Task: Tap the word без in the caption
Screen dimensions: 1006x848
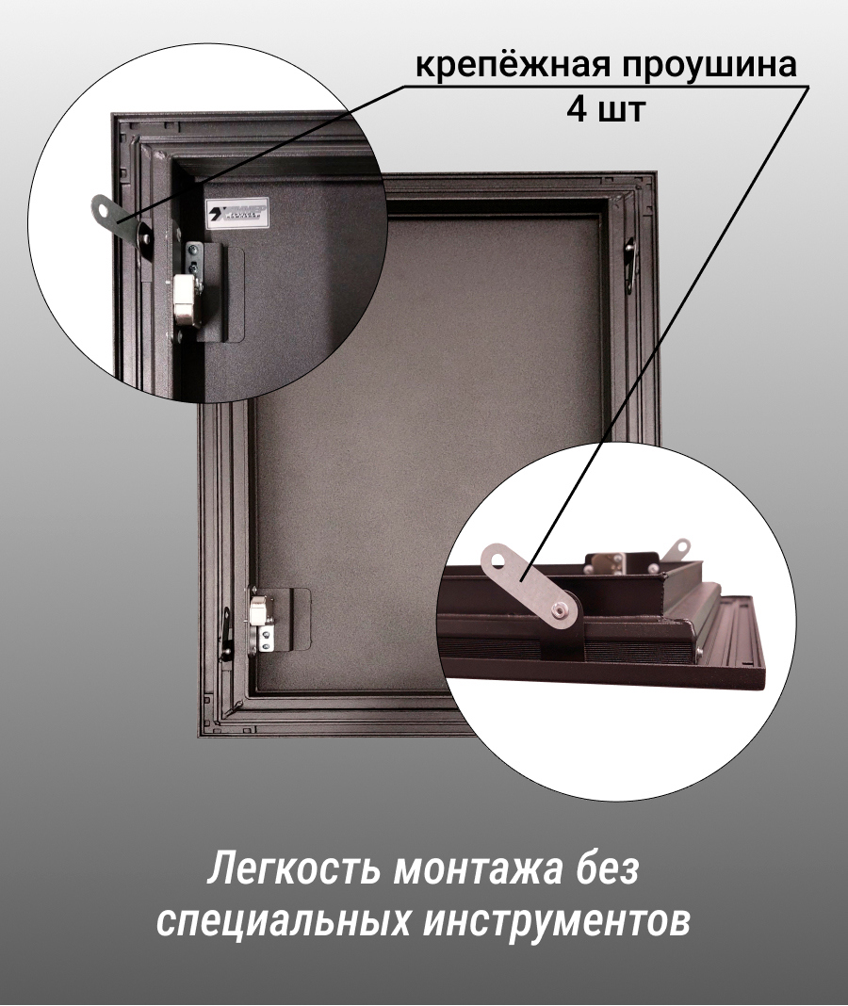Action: pyautogui.click(x=607, y=868)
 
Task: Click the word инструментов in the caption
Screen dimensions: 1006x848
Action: pyautogui.click(x=556, y=922)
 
